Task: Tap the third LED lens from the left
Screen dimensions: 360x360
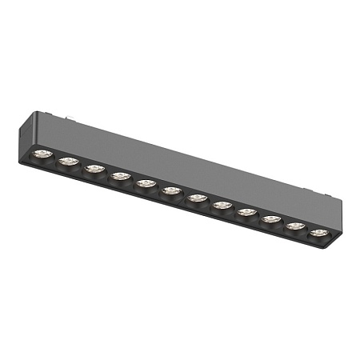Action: (95, 169)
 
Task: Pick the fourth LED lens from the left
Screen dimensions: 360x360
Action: (121, 177)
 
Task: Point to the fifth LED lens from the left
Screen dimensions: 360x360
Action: (146, 184)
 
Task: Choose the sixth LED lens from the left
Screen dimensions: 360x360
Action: (171, 191)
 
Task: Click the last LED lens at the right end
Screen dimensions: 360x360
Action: (319, 233)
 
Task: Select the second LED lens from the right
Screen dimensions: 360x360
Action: (295, 226)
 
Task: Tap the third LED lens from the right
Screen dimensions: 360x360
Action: (270, 219)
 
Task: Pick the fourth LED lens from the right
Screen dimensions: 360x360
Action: (246, 213)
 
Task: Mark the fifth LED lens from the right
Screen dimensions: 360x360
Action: (222, 206)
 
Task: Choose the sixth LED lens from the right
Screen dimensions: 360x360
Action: (197, 198)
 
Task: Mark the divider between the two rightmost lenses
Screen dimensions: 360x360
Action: (307, 230)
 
